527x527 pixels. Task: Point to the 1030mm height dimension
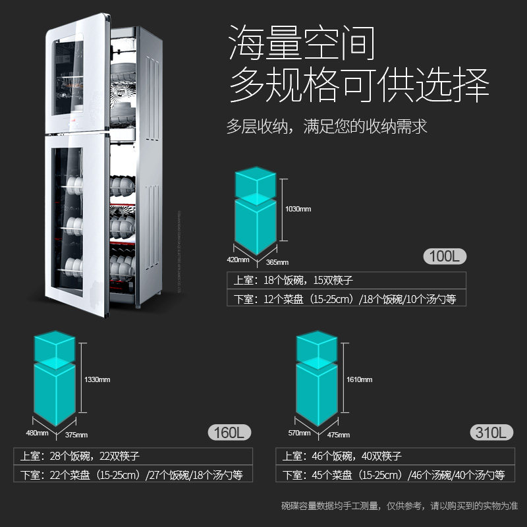point(298,209)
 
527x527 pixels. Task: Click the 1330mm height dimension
point(97,380)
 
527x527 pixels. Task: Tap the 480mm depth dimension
point(38,433)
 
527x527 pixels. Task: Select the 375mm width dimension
point(76,435)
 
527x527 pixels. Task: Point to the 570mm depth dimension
point(299,433)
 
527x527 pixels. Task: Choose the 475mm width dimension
point(339,435)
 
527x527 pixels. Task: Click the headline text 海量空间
point(302,43)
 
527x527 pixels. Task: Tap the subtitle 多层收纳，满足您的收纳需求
point(327,126)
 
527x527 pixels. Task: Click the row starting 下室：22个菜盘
point(128,474)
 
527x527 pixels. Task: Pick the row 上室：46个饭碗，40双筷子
point(342,456)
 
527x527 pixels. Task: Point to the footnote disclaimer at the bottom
point(399,506)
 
